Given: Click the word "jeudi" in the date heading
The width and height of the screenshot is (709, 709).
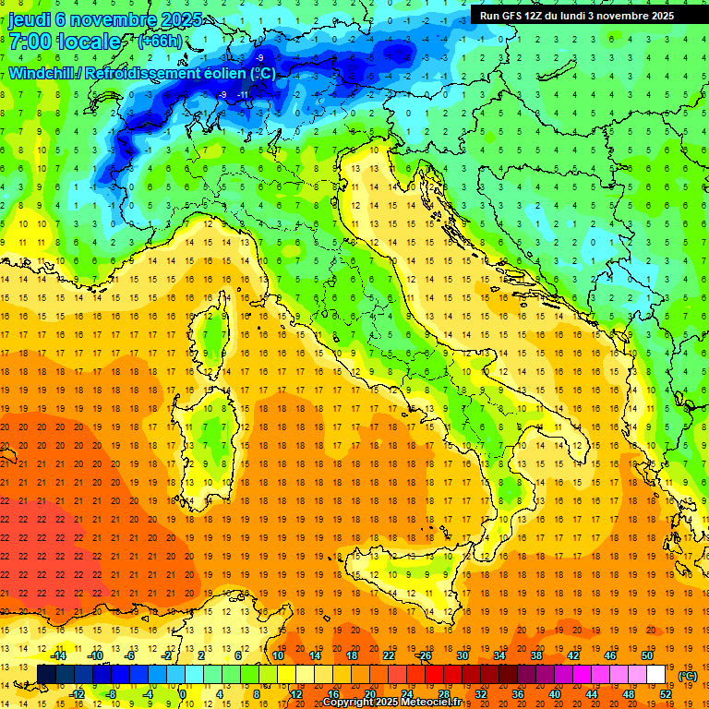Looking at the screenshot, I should tap(30, 19).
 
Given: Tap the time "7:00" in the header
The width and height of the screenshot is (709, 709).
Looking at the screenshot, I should tap(32, 42).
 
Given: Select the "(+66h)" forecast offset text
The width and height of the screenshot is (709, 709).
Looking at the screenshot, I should tap(159, 41).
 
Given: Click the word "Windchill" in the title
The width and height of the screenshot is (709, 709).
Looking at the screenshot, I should tap(42, 73).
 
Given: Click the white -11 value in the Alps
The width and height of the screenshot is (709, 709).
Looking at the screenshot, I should tap(243, 94).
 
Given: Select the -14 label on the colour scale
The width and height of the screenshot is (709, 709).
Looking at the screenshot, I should tap(62, 655).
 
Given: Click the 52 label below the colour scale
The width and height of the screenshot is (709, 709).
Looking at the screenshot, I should tap(665, 694).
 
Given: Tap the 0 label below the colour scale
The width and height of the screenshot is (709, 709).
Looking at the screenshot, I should tap(183, 694).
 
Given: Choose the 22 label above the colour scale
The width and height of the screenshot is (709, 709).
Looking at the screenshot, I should tap(389, 655).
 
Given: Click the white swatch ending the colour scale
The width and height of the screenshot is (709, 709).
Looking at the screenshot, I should tap(656, 675).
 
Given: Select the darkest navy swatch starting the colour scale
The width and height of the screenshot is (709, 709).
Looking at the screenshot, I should tap(46, 675).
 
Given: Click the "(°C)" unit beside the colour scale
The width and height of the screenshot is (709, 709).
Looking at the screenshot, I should tap(688, 676).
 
